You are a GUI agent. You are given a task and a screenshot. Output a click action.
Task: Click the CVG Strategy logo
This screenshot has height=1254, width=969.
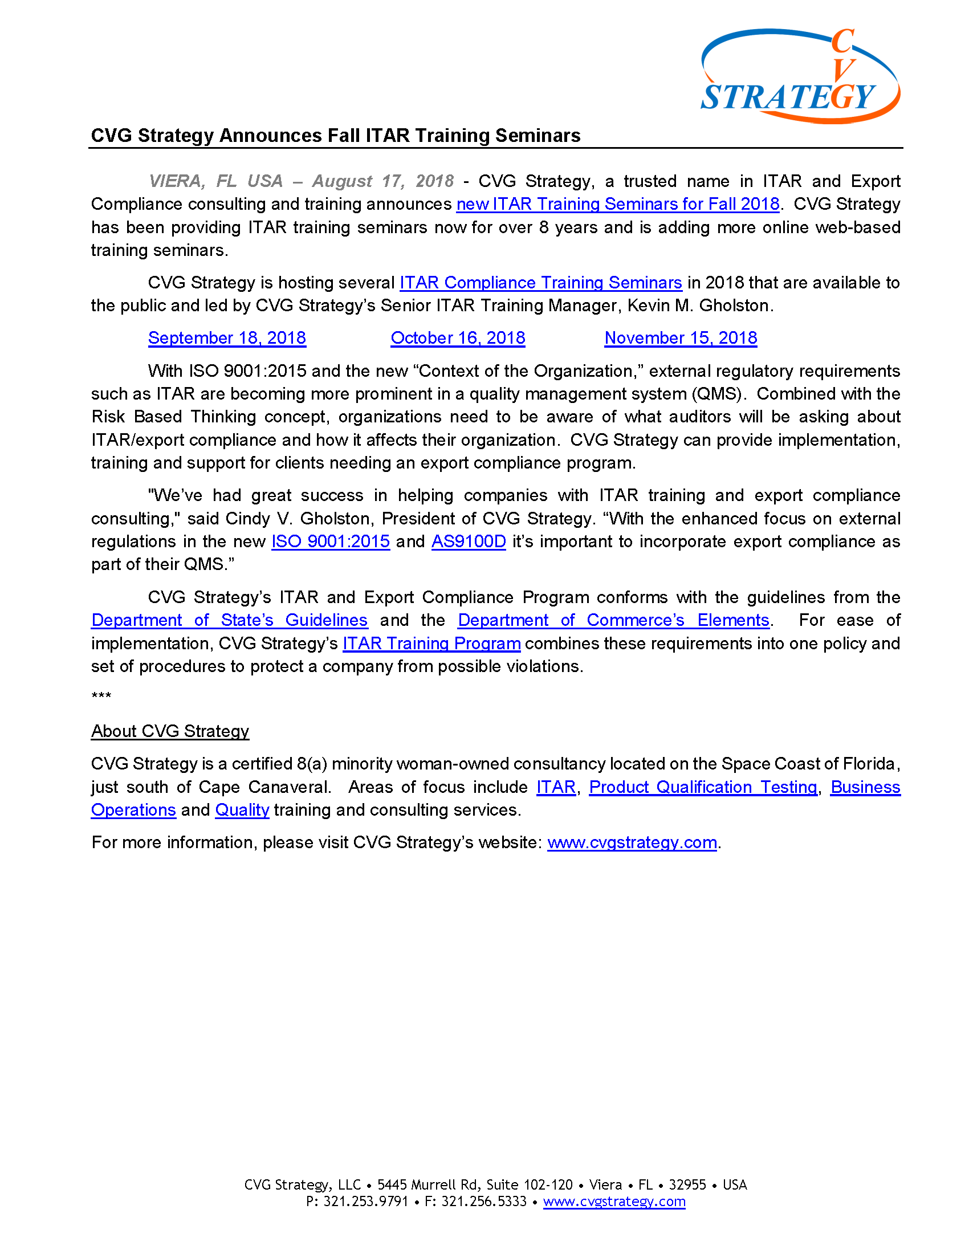tap(800, 76)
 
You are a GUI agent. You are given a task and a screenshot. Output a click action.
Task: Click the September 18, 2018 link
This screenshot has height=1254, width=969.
tap(227, 338)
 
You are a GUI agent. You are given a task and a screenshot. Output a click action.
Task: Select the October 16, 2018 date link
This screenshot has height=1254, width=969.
tap(458, 338)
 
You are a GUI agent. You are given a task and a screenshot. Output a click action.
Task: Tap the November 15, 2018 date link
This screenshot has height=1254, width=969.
tap(680, 338)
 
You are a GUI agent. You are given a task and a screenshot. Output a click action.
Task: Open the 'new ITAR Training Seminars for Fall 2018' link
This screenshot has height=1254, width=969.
tap(617, 205)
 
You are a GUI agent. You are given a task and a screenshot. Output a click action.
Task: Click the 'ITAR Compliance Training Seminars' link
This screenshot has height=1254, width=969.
tap(540, 283)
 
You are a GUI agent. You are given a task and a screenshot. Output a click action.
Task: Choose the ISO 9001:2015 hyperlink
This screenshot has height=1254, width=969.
tap(330, 541)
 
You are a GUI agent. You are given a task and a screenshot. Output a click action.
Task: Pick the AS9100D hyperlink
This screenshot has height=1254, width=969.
tap(469, 541)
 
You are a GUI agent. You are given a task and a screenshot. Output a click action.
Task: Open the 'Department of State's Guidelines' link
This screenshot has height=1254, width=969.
tap(229, 621)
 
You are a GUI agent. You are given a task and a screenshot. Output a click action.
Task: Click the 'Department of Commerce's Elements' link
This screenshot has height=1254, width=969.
tap(613, 621)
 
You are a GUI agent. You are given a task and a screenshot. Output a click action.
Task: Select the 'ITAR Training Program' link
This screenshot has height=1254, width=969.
tap(431, 644)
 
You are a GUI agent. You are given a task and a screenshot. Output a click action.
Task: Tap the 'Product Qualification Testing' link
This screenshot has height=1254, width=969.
tap(703, 787)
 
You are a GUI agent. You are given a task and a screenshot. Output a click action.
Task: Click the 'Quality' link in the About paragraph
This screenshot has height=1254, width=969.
tap(242, 810)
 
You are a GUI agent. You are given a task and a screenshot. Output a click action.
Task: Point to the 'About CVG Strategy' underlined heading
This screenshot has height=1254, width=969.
tap(170, 731)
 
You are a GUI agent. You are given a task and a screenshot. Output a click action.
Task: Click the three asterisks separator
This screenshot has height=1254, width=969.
tap(101, 697)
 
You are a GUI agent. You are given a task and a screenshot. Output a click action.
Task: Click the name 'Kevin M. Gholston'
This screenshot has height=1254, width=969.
tap(700, 306)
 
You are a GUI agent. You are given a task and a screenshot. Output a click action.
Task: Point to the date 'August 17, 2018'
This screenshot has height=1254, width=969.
tap(382, 181)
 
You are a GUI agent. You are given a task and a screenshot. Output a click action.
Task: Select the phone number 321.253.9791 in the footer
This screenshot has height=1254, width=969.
tap(365, 1202)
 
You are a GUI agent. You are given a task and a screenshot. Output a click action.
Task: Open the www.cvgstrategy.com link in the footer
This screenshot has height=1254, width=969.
tap(614, 1202)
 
